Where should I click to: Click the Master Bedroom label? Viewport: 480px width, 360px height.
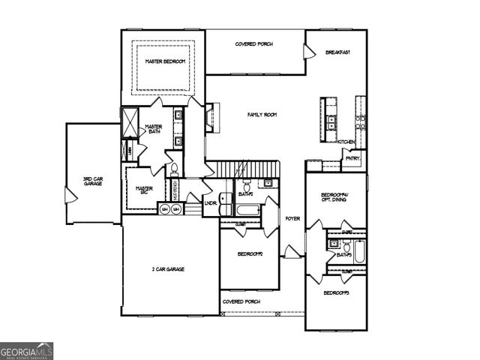coord(166,61)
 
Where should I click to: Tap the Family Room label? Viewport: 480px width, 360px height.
coord(262,115)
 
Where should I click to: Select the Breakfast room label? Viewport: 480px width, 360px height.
coord(338,52)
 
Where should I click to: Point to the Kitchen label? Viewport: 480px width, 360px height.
coord(346,142)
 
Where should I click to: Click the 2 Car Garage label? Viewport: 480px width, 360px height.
coord(169,268)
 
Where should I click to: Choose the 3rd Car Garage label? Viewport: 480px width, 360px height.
coord(92,181)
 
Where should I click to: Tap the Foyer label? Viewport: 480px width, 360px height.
coord(292,218)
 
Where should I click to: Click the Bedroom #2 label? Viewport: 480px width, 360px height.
coord(250,254)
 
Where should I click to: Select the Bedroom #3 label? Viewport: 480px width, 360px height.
coord(336,292)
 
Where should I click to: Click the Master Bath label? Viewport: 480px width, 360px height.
coord(154,129)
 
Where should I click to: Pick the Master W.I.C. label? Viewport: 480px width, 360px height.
coord(145,190)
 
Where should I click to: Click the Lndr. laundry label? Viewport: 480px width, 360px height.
coord(211,202)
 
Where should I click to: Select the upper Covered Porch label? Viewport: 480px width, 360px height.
coord(254,44)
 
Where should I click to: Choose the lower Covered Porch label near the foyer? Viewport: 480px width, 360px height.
coord(241,301)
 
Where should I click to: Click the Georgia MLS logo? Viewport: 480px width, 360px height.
coord(27,350)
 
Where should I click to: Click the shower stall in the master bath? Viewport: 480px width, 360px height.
coord(129,122)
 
